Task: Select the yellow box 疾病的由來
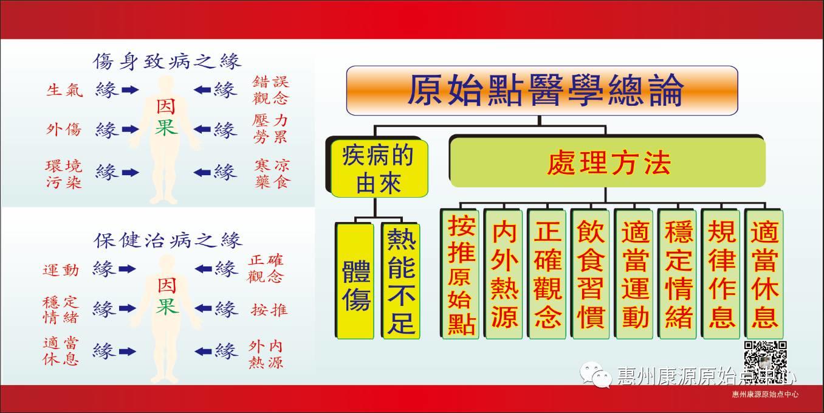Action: click(x=377, y=167)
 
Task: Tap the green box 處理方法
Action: click(x=606, y=163)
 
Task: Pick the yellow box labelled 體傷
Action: click(x=355, y=280)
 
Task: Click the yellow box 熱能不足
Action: click(x=401, y=280)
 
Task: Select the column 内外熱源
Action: click(x=504, y=274)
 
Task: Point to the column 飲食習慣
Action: click(x=590, y=274)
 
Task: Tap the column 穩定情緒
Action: click(x=678, y=274)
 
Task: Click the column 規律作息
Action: click(x=721, y=274)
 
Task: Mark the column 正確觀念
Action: click(x=547, y=274)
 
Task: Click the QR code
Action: click(x=765, y=359)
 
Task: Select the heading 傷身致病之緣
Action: click(x=167, y=61)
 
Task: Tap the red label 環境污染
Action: click(x=63, y=173)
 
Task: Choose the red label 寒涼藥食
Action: click(x=271, y=173)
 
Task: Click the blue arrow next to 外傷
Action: click(x=130, y=130)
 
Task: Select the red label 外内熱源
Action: click(x=266, y=354)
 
